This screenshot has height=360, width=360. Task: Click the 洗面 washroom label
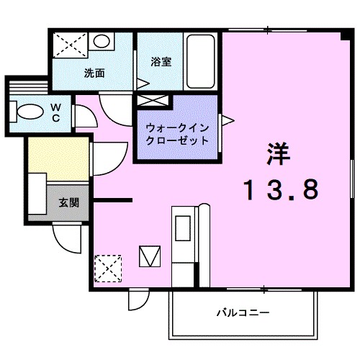pos(94,73)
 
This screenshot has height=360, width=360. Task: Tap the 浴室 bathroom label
pos(161,61)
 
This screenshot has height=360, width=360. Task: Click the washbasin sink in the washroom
pos(102,41)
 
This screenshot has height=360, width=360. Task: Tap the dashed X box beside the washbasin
pos(71,45)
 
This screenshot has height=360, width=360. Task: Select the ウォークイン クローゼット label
pos(177,134)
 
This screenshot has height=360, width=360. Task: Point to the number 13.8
pos(279,189)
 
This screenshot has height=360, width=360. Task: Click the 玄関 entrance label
pos(69,202)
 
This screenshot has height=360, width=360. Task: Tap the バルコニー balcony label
pos(243,313)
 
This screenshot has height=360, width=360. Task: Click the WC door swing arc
pos(84,115)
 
